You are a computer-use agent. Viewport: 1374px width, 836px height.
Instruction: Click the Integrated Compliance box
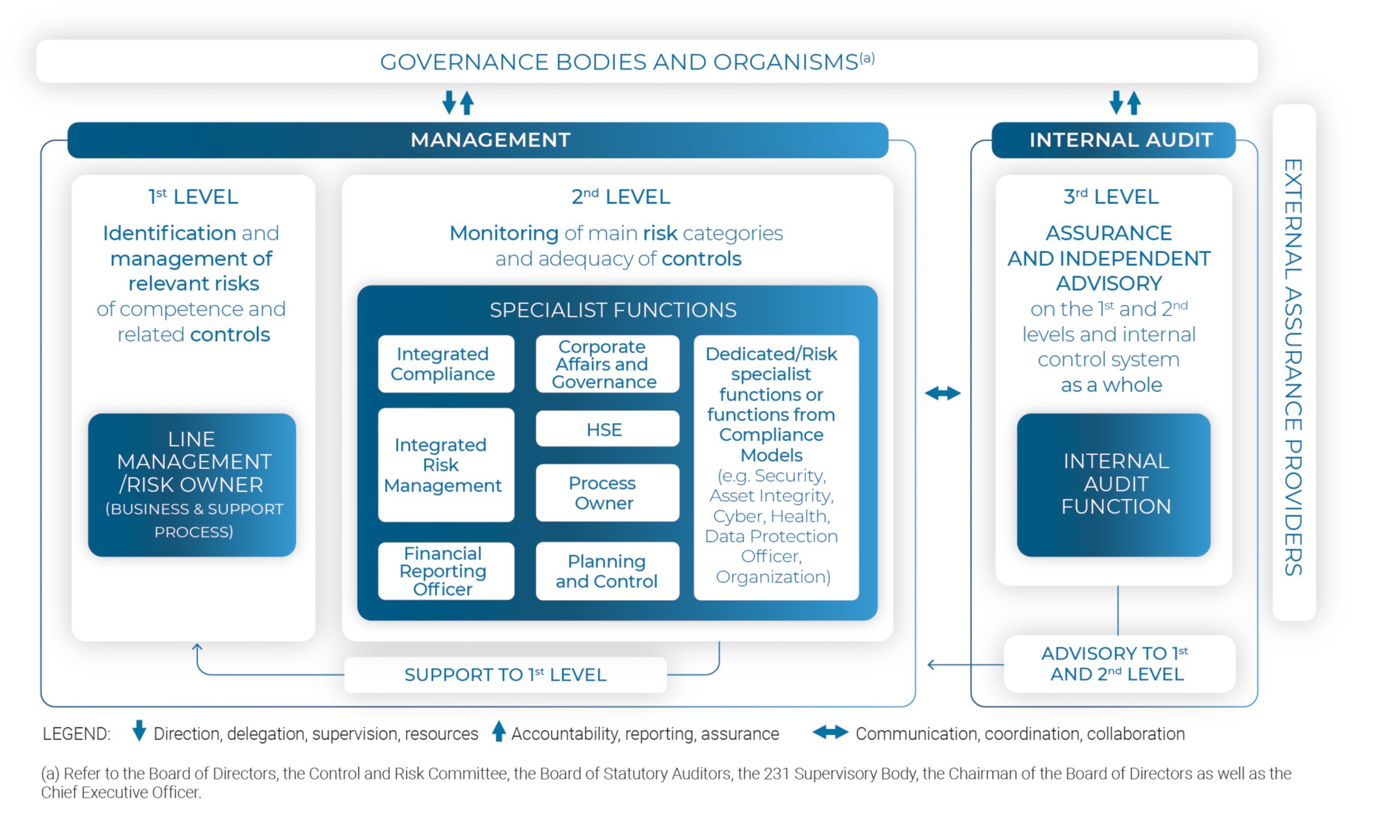446,364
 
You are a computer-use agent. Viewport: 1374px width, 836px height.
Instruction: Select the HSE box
607,429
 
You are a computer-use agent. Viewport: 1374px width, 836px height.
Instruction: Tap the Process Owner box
607,493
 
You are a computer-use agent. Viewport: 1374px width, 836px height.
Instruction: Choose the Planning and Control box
607,571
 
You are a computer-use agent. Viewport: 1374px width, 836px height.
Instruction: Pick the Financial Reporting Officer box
446,571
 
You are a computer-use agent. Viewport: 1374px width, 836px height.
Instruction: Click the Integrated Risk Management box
446,465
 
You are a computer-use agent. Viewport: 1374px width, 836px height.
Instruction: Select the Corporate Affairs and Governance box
607,364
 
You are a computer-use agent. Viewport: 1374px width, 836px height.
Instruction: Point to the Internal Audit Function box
1113,484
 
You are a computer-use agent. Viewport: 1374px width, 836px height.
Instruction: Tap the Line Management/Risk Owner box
192,484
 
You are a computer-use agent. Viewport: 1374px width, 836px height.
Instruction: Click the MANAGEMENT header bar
478,140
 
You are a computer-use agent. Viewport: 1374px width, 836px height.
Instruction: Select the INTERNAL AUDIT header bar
1113,140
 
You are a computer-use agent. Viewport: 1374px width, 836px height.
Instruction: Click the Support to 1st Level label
505,675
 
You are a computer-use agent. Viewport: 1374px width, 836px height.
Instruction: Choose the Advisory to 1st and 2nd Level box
1119,664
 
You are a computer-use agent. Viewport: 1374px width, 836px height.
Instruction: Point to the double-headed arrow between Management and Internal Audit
943,393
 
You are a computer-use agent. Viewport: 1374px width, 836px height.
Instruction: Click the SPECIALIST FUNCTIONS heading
613,310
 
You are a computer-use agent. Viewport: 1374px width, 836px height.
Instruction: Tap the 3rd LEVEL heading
1111,196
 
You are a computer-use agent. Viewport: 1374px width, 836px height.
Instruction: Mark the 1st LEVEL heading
193,196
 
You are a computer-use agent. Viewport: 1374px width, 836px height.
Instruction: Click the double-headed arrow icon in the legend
830,733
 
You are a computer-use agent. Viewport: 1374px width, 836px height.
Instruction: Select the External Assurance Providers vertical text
1293,367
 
